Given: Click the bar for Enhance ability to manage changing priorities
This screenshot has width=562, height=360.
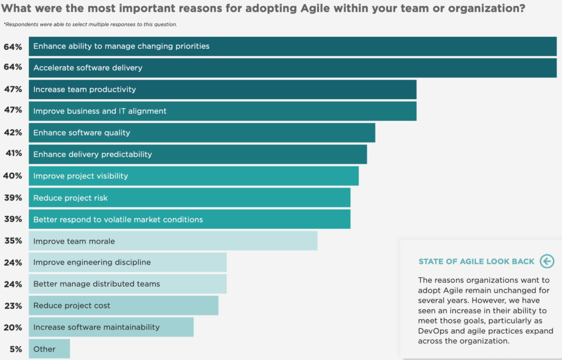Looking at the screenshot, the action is click(x=293, y=46).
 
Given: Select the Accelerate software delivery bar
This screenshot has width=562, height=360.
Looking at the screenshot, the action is click(x=293, y=67).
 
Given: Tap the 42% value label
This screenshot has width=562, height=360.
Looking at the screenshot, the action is click(x=13, y=133).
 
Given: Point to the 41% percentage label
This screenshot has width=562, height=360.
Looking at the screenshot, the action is click(x=14, y=154).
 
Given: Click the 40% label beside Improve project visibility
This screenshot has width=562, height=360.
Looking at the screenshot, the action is click(x=13, y=176).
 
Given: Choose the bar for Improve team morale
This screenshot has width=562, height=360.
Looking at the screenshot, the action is click(x=173, y=240).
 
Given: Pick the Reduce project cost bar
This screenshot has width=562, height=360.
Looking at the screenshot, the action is click(x=123, y=306).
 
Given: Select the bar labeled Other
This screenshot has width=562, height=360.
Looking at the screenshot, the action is click(x=49, y=348).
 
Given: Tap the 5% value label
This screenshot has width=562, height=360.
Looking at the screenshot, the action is click(x=16, y=349).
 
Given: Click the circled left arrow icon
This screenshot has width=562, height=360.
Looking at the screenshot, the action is click(x=547, y=261).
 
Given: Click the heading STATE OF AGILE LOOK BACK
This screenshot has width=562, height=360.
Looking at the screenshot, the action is click(x=476, y=261).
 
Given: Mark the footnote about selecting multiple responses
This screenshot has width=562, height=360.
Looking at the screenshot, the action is click(x=91, y=24).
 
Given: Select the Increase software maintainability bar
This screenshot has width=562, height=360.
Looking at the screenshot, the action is click(x=111, y=327).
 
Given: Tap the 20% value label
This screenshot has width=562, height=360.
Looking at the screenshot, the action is click(x=13, y=328).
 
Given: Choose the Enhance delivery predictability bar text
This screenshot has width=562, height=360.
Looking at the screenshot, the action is click(x=92, y=154).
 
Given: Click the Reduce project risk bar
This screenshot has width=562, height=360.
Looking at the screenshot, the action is click(x=189, y=198).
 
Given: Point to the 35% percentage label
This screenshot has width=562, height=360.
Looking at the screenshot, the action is click(x=13, y=240).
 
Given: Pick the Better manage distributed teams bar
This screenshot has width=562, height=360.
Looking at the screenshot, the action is click(x=128, y=284).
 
